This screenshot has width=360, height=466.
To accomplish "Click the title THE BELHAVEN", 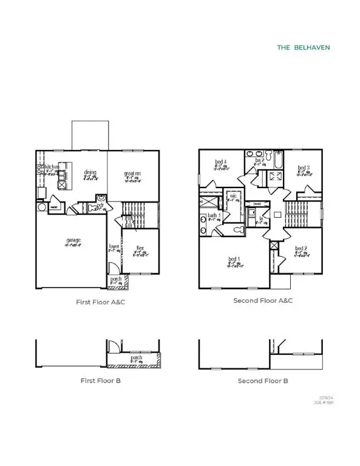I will coord(304,47).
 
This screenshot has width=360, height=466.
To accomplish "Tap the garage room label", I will coord(73,240).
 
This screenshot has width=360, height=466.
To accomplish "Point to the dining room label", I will coord(89,172).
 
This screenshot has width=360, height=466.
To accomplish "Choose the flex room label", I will coord(140,248).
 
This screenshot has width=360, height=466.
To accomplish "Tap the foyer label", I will coord(114,246).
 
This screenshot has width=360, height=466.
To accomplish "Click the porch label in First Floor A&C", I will coord(116,279).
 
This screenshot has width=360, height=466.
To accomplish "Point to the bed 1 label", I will coord(234,260).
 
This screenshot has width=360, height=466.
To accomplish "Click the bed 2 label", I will coord(302,249).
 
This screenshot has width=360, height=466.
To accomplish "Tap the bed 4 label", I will coord(220,162).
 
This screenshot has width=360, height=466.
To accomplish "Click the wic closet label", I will coord(232,196).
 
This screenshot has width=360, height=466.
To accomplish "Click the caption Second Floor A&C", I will coord(263,300).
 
